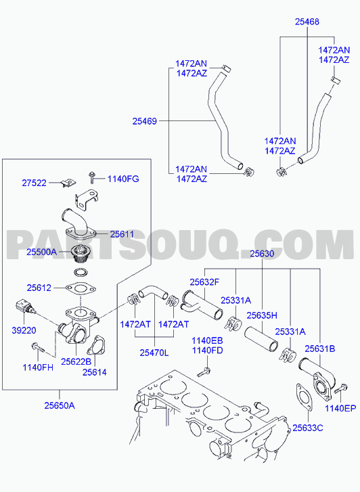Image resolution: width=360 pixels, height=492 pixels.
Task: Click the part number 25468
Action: [x=307, y=22]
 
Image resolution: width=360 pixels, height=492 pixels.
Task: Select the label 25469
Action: [x=144, y=121]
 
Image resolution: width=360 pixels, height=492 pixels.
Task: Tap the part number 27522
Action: [x=35, y=183]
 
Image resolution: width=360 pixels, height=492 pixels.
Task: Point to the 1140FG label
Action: [x=123, y=179]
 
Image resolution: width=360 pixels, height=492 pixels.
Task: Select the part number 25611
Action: [x=122, y=234]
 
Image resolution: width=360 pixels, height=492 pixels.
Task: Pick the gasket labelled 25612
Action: [x=81, y=289]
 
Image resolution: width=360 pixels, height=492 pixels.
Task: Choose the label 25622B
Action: [x=76, y=361]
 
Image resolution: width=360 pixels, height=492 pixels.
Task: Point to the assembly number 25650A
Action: [x=60, y=405]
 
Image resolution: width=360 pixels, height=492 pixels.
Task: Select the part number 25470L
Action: [x=154, y=353]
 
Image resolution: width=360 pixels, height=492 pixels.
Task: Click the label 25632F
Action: [x=204, y=282]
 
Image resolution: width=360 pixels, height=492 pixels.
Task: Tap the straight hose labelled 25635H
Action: [x=261, y=338]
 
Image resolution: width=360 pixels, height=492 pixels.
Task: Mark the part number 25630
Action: [x=262, y=254]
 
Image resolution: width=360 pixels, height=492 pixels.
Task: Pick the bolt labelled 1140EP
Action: [x=340, y=389]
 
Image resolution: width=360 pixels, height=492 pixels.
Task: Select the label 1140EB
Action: [x=207, y=340]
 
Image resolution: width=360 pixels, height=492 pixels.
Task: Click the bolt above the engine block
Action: [x=204, y=372]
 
